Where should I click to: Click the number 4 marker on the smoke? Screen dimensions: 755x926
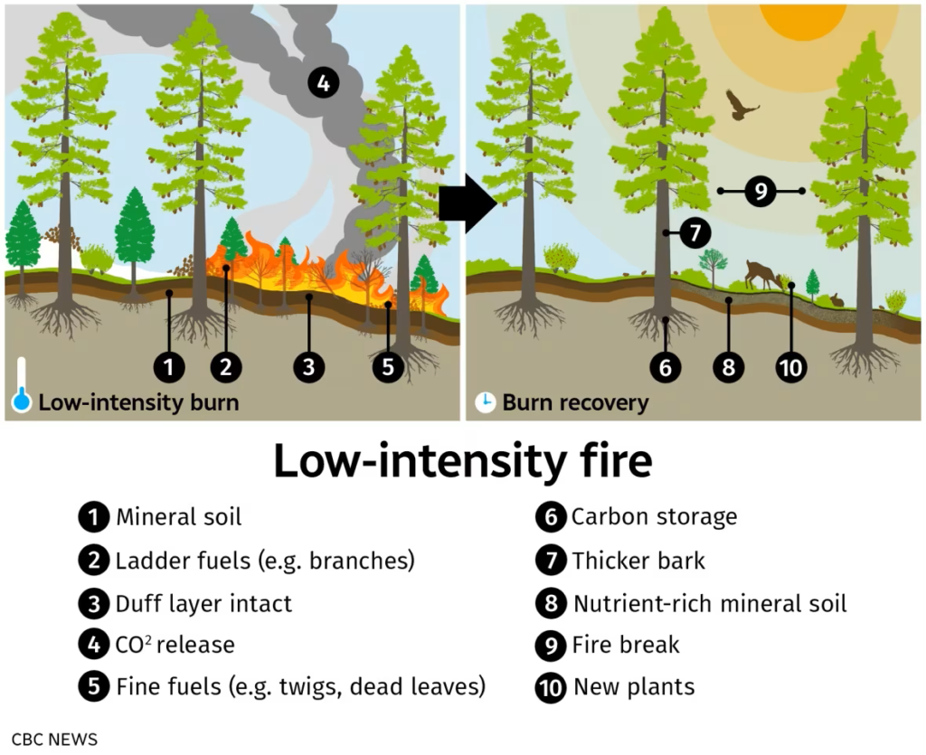point(323,83)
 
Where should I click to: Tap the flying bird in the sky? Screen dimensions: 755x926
point(742,105)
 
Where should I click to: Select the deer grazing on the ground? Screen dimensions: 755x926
point(760,273)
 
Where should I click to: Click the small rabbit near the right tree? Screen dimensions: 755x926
point(837,298)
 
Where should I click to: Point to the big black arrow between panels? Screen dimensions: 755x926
point(467,205)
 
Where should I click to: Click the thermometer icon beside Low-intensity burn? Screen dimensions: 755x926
point(22,387)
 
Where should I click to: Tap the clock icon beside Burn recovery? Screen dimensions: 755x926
point(486,402)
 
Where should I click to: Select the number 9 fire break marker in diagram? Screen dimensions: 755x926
point(761,191)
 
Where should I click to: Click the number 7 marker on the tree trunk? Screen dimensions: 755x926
point(694,232)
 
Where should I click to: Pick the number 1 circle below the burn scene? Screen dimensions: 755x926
point(169,366)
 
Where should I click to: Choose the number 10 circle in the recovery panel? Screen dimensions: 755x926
point(790,366)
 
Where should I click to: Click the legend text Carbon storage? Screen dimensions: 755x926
point(654,517)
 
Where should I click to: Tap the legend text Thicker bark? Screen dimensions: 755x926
point(638,561)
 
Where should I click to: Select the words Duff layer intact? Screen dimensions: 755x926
point(203,603)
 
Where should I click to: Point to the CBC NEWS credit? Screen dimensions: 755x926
point(54,739)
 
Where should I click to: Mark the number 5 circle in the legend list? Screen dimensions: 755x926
point(93,687)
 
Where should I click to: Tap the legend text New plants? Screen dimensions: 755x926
point(634,687)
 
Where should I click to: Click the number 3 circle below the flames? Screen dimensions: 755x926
point(309,366)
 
